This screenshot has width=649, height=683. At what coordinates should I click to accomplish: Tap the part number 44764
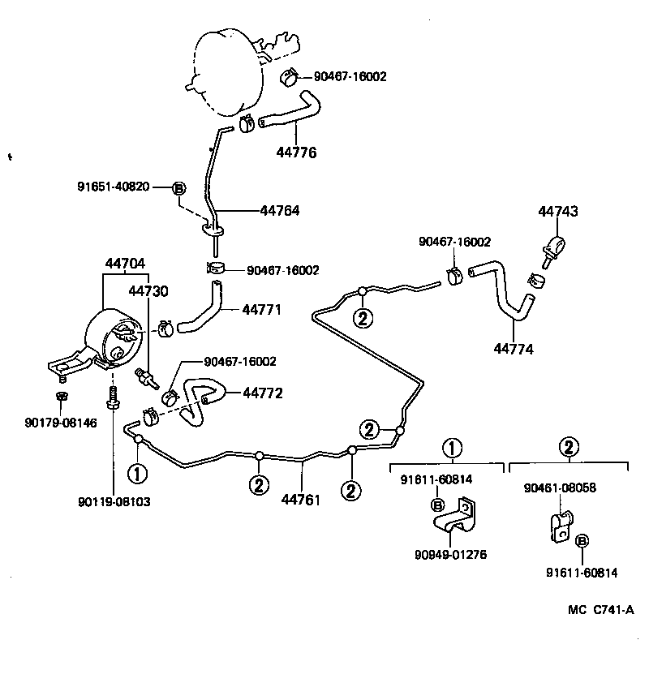pos(280,210)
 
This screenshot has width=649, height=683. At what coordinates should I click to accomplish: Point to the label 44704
pos(125,264)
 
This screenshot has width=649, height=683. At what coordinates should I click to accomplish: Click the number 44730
pos(149,290)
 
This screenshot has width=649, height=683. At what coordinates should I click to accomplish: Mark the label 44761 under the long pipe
pos(301,500)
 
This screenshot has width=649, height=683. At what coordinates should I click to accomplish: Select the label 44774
pos(514,350)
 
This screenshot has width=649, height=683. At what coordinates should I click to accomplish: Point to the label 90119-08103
pos(114,502)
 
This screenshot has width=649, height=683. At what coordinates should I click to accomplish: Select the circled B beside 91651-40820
pos(179,187)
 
